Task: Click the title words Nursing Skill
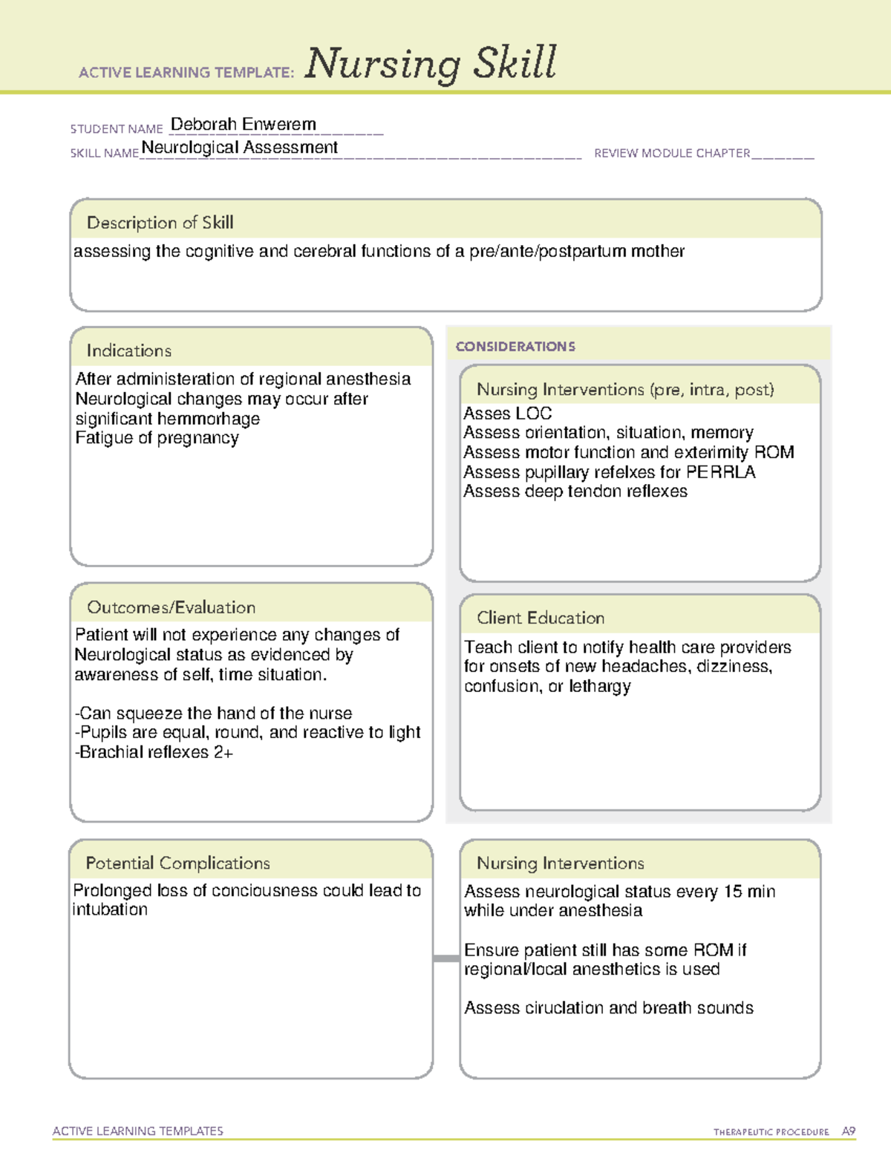[431, 63]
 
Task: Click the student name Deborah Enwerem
[244, 124]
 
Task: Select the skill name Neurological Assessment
[239, 147]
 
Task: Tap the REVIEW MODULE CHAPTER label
[672, 153]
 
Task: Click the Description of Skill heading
[160, 222]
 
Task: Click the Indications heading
[128, 350]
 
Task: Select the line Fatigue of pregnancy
[157, 438]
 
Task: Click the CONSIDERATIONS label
[515, 347]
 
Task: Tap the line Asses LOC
[507, 414]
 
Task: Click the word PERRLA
[720, 472]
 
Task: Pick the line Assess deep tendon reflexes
[575, 491]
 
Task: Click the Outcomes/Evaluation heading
[171, 607]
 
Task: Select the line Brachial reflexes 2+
[154, 752]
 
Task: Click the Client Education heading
[541, 618]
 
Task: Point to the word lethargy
[599, 687]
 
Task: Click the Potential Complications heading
[177, 863]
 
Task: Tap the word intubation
[110, 909]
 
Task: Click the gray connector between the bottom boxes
[446, 958]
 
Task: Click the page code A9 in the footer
[848, 1131]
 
